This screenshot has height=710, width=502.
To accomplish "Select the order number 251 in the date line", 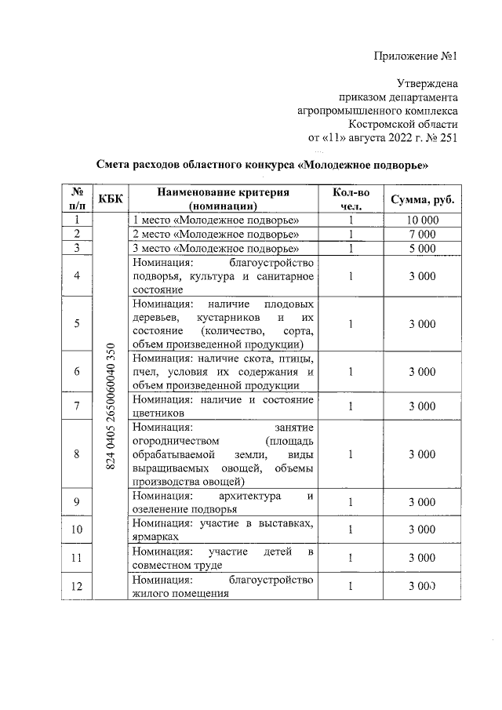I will coord(447,138).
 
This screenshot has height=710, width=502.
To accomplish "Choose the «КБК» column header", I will coord(109,199).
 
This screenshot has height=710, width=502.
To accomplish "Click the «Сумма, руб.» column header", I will coord(422,199).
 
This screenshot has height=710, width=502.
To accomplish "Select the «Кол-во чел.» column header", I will coord(348,199).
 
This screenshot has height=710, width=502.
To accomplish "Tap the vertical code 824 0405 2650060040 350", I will coord(110,406).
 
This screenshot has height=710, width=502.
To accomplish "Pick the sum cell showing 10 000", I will coord(422,220).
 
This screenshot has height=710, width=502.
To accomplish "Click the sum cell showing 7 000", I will coord(422,234).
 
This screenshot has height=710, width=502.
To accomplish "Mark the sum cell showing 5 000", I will coord(422,248).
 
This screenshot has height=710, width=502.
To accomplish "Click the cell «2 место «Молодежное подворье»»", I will coord(216,234).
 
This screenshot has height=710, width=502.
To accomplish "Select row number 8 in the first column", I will coord(77,453).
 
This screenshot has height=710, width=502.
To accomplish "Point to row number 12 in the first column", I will coord(77,586).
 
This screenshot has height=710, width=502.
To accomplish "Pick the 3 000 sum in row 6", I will coord(422,371).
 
